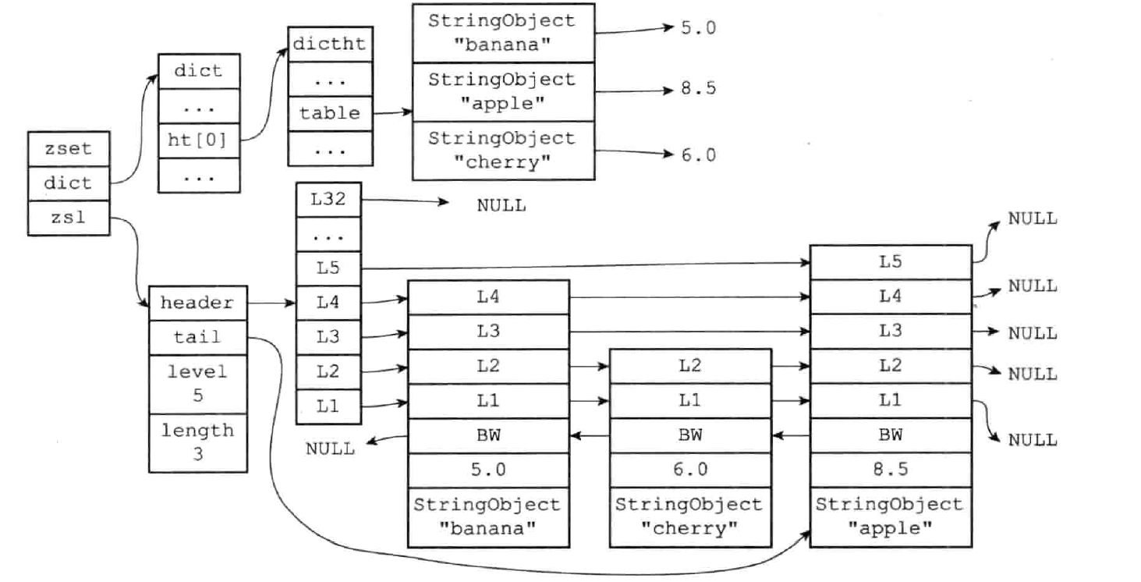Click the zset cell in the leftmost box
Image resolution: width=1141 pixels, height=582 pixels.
click(69, 149)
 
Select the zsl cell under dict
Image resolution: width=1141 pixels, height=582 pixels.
click(69, 218)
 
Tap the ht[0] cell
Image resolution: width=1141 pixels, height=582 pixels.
click(198, 141)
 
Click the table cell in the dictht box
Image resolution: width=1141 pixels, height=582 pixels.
click(330, 114)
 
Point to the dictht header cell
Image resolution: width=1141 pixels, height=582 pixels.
click(330, 44)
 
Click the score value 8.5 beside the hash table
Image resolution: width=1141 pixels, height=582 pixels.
click(697, 88)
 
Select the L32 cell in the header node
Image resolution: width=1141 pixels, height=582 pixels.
click(328, 201)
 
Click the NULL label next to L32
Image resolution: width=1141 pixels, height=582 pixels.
click(501, 206)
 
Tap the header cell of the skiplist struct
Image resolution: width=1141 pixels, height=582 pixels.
click(198, 303)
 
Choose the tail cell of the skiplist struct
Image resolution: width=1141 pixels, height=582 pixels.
click(198, 337)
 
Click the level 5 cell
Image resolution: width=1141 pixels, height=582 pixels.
click(198, 382)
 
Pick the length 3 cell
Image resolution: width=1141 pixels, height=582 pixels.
click(198, 442)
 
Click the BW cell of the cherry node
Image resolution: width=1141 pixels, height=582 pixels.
click(690, 435)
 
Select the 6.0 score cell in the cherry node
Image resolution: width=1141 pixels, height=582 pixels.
click(690, 470)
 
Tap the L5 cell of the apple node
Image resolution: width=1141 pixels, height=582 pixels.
click(890, 262)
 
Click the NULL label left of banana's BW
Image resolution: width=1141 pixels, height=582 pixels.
click(329, 448)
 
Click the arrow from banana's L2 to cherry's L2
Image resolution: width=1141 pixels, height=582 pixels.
click(589, 365)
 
